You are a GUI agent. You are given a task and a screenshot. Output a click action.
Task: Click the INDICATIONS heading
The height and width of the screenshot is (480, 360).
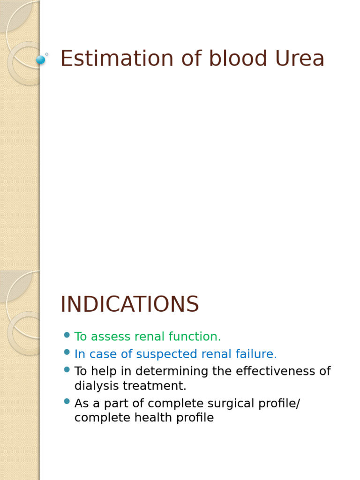(x=130, y=305)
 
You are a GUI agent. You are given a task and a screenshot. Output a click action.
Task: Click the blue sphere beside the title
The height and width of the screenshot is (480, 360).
(x=41, y=60)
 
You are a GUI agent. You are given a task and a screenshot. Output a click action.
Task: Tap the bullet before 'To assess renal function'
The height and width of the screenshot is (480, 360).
(x=67, y=335)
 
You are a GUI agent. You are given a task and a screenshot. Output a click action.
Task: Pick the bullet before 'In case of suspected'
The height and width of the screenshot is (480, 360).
(x=67, y=352)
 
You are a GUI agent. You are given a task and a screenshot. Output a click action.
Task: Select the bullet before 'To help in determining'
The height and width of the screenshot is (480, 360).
(x=67, y=369)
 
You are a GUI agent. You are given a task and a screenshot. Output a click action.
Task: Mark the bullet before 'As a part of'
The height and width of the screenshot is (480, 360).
(x=67, y=401)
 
